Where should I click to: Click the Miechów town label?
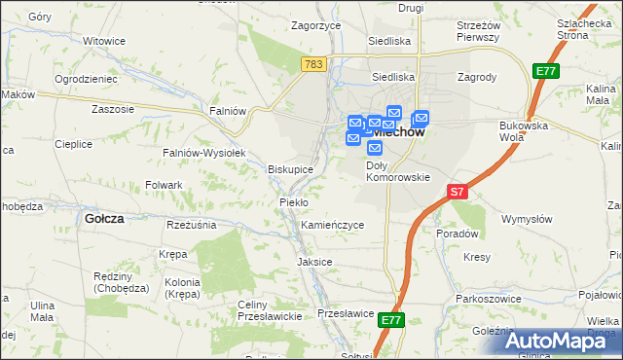(395, 134)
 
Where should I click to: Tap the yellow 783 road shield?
(313, 63)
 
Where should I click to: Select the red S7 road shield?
(458, 192)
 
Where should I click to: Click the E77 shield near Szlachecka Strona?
(546, 71)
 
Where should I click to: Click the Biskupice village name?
(290, 169)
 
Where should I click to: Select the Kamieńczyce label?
(332, 225)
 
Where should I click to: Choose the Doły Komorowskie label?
(397, 171)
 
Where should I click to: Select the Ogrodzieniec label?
(86, 78)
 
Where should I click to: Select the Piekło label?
(293, 201)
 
